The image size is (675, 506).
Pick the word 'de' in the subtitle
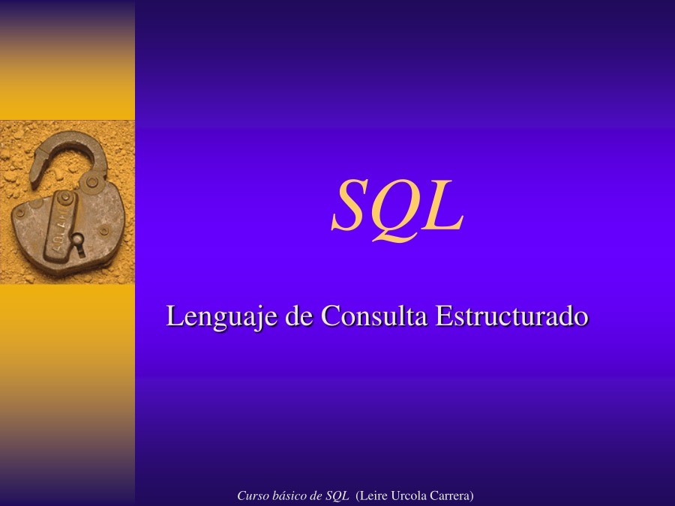click(300, 316)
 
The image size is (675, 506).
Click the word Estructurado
click(512, 316)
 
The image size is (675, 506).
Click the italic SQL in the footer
click(337, 496)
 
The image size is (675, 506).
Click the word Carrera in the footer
click(451, 496)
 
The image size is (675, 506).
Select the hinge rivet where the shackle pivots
click(91, 181)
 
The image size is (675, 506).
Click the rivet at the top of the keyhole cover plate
click(66, 198)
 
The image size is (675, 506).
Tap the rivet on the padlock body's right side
click(104, 230)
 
